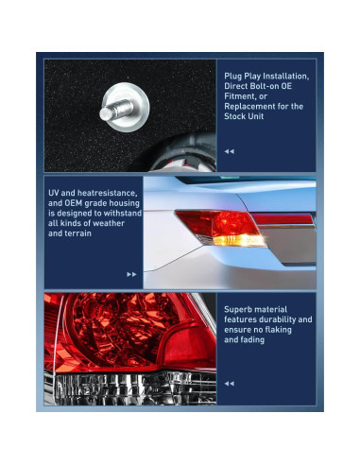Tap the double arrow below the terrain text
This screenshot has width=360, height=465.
click(131, 273)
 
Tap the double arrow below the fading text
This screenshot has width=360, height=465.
click(229, 384)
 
